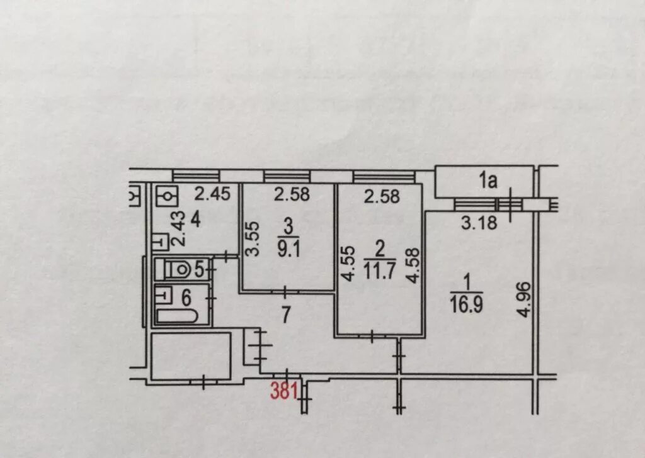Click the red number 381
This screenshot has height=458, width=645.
click(x=283, y=391)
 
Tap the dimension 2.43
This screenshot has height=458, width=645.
click(x=178, y=230)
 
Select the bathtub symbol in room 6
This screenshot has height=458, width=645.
click(x=177, y=315)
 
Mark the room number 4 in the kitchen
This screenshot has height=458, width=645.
click(x=195, y=221)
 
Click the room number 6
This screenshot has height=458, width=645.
click(x=187, y=297)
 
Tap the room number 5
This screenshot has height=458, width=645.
click(x=198, y=270)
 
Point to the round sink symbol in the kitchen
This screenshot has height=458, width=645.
click(x=168, y=196)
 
